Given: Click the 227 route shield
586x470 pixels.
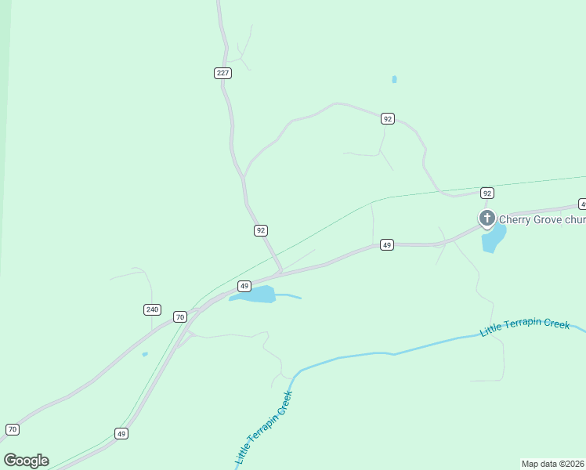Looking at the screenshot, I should (x=222, y=73).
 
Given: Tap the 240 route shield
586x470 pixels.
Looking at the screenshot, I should (x=152, y=309).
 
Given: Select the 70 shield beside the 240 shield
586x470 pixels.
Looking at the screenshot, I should (x=180, y=316).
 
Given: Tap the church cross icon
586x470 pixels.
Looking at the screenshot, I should (x=487, y=217).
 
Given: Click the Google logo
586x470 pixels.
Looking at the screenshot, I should (x=26, y=461).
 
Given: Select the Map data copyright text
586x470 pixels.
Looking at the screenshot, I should (x=553, y=463).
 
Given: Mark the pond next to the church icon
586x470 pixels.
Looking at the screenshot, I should (x=493, y=239).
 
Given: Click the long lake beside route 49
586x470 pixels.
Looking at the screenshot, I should (x=255, y=295).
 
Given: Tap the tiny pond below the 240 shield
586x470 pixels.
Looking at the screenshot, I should (x=145, y=354).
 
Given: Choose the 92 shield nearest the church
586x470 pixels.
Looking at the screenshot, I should (x=487, y=193).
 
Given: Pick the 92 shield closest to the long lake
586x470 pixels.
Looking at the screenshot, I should (x=261, y=230).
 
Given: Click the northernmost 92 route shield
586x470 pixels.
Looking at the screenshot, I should (x=387, y=118).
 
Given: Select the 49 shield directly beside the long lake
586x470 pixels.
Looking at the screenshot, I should (x=244, y=286).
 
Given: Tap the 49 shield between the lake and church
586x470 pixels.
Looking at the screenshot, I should (x=386, y=245).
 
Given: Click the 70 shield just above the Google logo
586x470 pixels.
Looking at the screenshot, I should (x=12, y=429).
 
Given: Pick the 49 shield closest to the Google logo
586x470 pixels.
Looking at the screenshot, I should (x=121, y=433).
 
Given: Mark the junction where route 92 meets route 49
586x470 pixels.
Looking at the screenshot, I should (x=281, y=273).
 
